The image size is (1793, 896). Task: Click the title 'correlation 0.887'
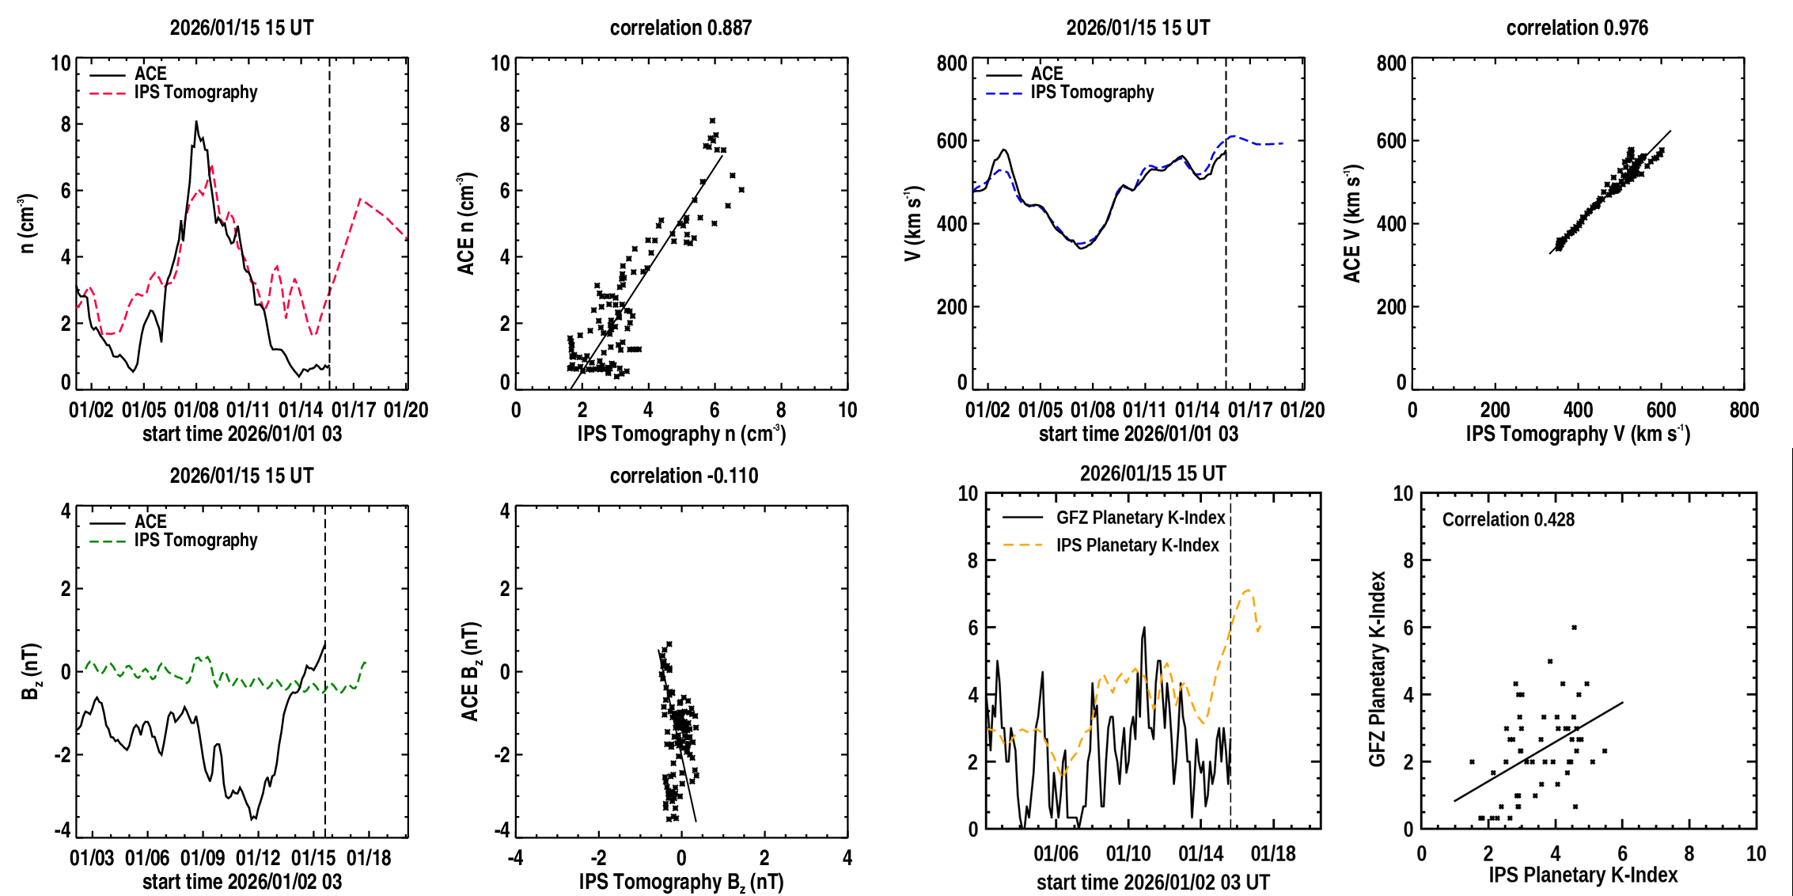click(x=680, y=28)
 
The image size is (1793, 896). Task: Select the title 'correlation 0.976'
click(x=1576, y=28)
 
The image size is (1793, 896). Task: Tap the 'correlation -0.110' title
click(x=684, y=476)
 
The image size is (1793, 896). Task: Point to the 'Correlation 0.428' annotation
click(x=1508, y=519)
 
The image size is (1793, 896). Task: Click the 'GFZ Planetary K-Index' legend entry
click(x=1140, y=518)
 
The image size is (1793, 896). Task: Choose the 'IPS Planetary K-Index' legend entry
click(x=1137, y=545)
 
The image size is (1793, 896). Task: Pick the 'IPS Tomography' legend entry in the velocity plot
click(x=1092, y=93)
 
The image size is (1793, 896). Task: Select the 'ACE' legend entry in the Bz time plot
click(x=150, y=522)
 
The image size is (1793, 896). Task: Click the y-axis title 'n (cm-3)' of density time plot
click(x=27, y=222)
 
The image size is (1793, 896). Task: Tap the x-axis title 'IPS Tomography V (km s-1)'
click(x=1578, y=434)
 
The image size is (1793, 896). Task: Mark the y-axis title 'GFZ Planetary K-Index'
click(x=1378, y=670)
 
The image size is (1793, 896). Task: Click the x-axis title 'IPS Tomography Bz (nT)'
click(x=681, y=882)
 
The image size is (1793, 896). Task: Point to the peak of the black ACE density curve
click(x=196, y=122)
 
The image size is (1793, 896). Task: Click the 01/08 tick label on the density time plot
click(x=196, y=410)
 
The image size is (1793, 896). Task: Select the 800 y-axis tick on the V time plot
click(x=952, y=63)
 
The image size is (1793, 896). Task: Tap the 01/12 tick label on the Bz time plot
click(x=258, y=858)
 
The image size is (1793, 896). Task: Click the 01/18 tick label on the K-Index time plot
click(x=1273, y=854)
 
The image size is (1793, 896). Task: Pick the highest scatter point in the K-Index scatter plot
click(x=1574, y=628)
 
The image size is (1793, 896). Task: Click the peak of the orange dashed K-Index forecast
click(x=1248, y=590)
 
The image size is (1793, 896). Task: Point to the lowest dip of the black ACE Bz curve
click(x=253, y=818)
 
